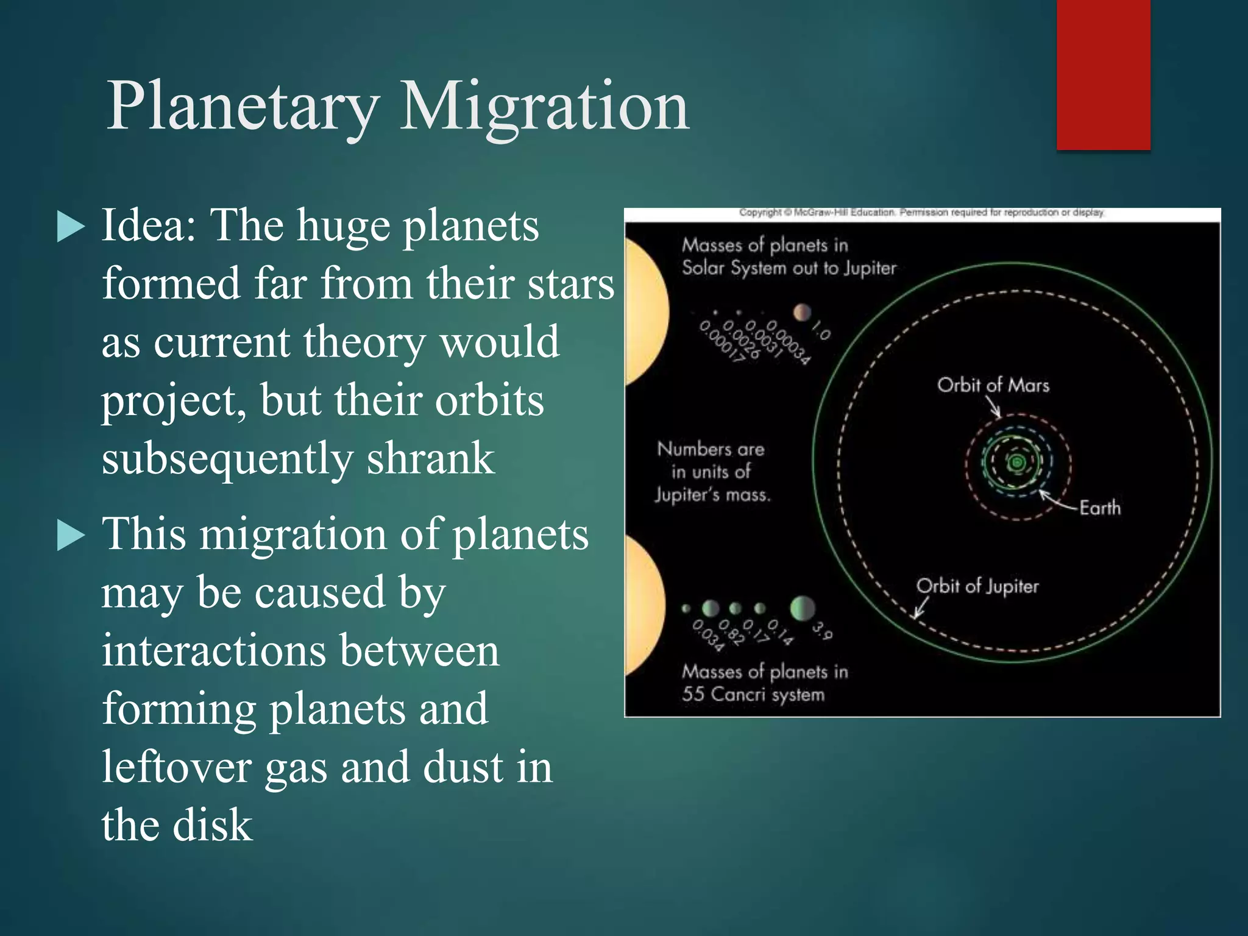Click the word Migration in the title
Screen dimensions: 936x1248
[x=544, y=107]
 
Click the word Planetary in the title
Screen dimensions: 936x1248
[x=243, y=107]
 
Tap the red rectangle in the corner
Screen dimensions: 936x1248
[x=1103, y=74]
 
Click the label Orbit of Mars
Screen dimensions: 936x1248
[x=993, y=385]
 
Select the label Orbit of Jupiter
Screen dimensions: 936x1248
[x=977, y=586]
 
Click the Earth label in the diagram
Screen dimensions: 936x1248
[x=1100, y=508]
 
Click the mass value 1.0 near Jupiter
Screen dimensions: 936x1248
[x=821, y=332]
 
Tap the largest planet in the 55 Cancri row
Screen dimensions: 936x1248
[x=802, y=608]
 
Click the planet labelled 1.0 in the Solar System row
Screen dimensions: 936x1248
[x=802, y=312]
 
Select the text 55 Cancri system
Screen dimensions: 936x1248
[x=753, y=694]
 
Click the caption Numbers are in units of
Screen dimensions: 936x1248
[x=711, y=461]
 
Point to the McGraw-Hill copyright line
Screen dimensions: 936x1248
[x=921, y=213]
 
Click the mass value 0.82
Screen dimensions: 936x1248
[x=731, y=633]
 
